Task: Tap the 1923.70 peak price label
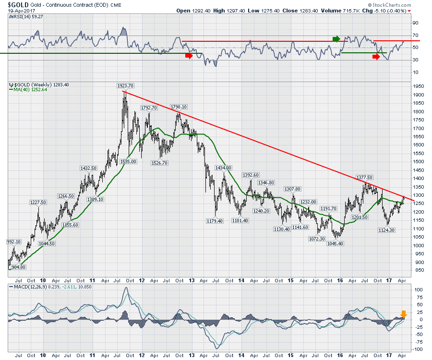[x=124, y=86]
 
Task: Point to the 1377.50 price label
[x=364, y=177]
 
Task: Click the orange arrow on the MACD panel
[x=404, y=314]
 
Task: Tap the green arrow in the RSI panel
[x=337, y=38]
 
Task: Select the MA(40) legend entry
[x=26, y=90]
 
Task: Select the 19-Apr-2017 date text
[x=19, y=11]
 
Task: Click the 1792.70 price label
[x=149, y=108]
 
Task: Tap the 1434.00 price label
[x=223, y=168]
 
